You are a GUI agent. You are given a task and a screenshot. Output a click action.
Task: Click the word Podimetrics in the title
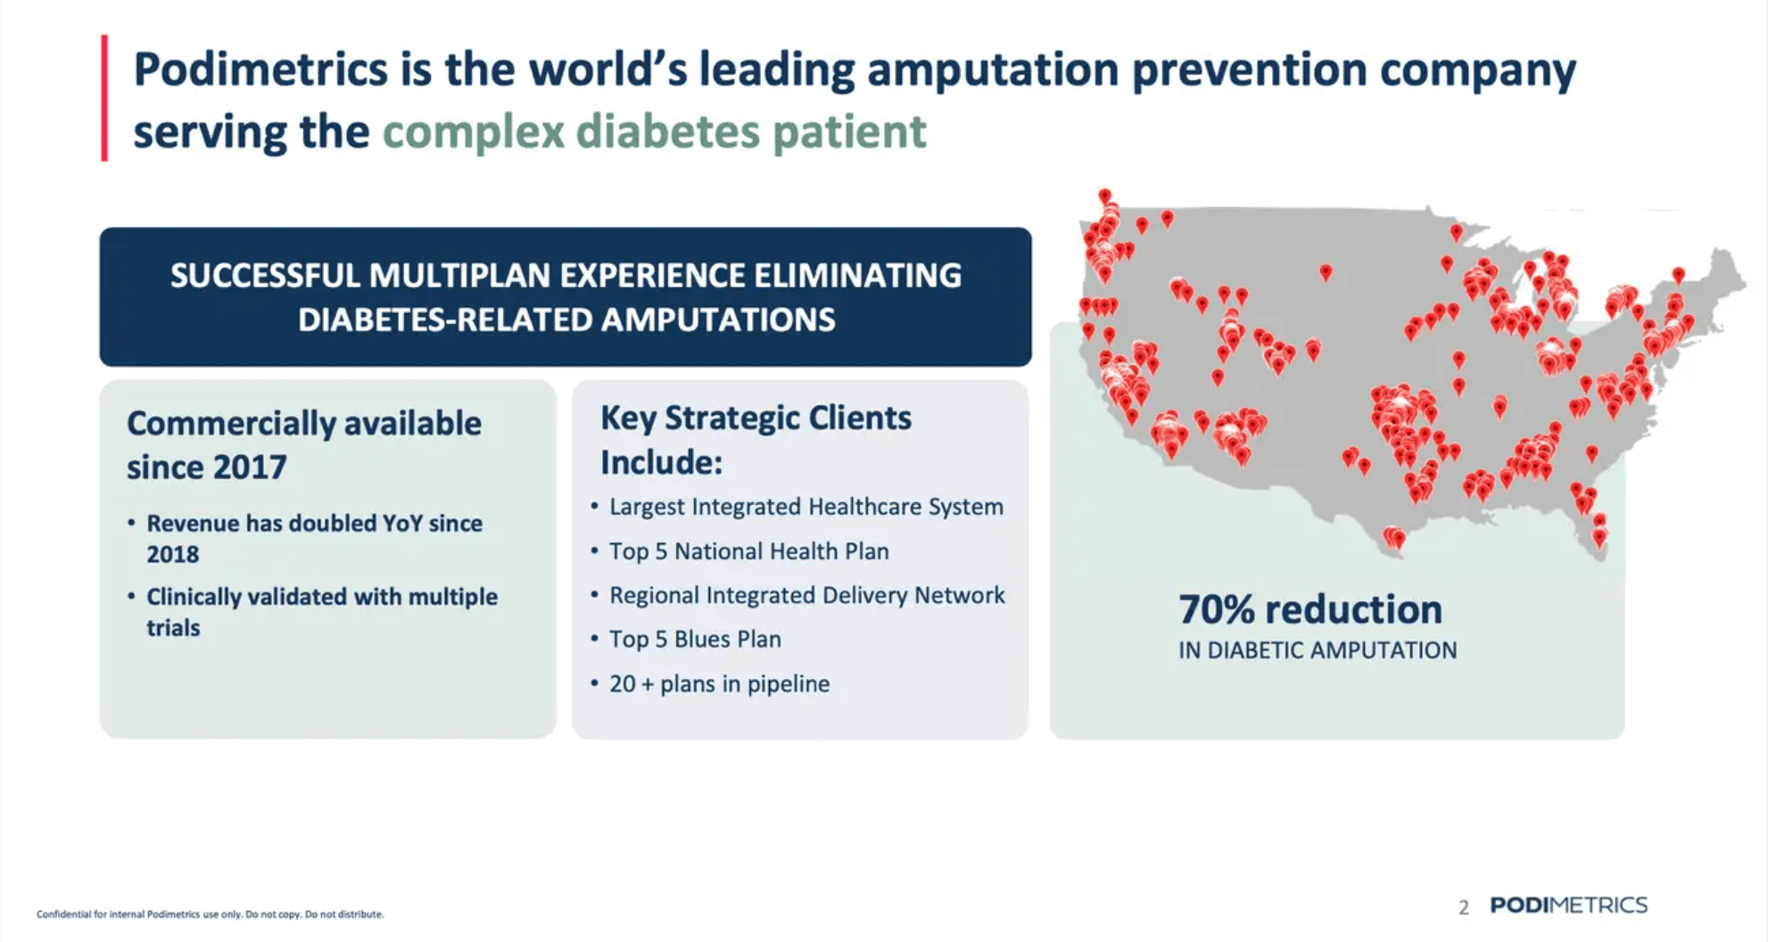[260, 70]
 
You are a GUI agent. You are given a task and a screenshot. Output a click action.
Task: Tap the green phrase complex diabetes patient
[654, 132]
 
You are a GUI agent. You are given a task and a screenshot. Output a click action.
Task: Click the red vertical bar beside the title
[105, 98]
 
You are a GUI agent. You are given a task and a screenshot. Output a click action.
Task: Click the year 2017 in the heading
[251, 467]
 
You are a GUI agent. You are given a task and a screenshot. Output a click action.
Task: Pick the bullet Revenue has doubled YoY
[314, 524]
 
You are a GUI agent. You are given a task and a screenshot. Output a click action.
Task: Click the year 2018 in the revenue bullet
[173, 554]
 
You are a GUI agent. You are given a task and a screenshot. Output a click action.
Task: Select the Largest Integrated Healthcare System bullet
[806, 507]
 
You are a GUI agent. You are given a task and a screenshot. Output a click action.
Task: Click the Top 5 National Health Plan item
[748, 551]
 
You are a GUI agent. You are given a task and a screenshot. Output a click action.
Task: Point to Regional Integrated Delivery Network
[806, 595]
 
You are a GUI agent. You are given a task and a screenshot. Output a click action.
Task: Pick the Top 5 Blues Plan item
[695, 640]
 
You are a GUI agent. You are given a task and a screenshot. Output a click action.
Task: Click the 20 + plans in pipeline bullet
[719, 684]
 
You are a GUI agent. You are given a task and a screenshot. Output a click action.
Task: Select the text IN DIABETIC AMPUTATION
[1317, 650]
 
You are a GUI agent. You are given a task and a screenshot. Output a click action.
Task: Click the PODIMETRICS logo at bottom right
[1568, 905]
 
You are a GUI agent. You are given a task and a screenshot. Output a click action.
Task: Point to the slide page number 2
[1463, 907]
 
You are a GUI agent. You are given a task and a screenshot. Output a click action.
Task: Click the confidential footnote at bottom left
[210, 914]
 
